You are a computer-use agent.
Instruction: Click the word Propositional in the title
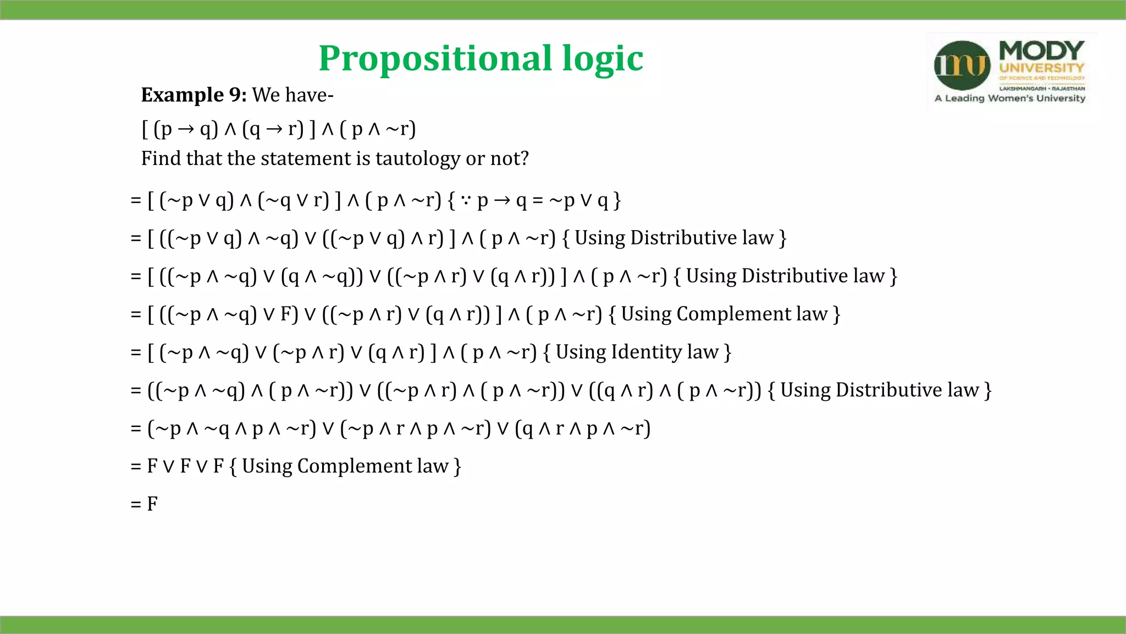435,58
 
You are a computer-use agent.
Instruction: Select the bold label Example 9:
194,95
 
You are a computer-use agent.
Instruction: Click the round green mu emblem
962,65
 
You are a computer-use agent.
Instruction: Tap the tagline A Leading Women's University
1009,99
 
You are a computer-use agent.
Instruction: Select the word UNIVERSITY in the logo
1041,68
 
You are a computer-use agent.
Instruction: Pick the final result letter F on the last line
152,504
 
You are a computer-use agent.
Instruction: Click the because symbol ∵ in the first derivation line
466,200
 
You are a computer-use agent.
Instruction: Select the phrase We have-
292,95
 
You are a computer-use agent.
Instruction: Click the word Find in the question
161,158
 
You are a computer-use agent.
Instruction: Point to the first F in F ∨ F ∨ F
152,466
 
